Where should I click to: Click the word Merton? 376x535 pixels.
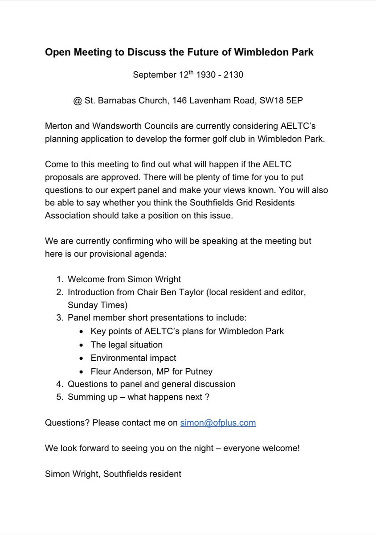coord(58,127)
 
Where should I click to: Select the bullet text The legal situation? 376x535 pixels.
coord(127,345)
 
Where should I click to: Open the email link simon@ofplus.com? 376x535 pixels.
coord(218,423)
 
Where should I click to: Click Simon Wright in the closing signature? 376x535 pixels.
coord(72,474)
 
